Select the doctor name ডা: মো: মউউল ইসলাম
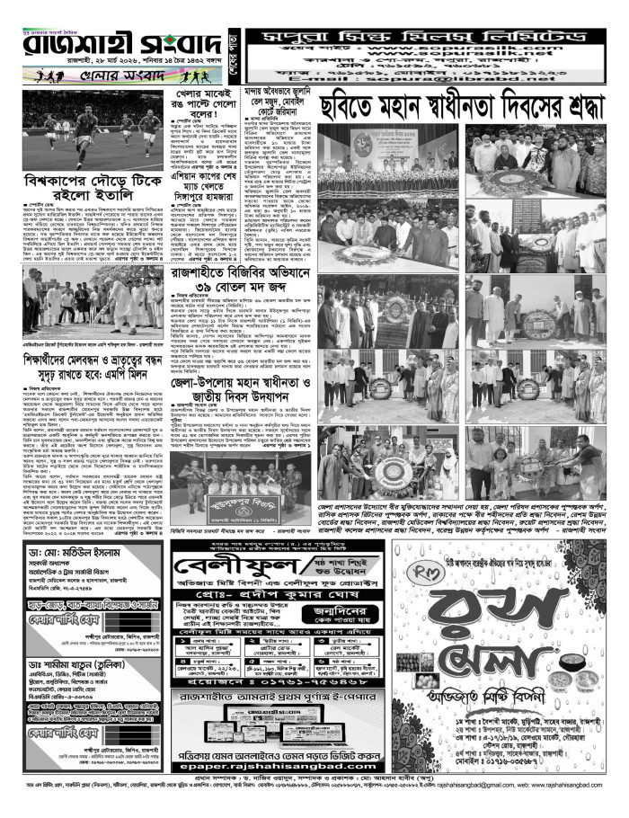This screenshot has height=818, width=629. pyautogui.click(x=63, y=551)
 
